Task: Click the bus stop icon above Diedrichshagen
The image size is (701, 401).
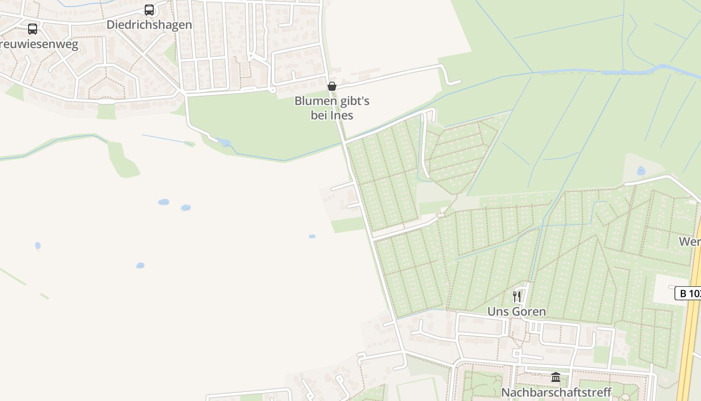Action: click(149, 10)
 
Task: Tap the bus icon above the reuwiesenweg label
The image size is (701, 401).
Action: click(33, 29)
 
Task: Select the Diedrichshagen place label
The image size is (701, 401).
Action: click(149, 25)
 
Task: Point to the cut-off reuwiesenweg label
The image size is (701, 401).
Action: click(39, 45)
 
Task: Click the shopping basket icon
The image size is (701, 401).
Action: click(331, 86)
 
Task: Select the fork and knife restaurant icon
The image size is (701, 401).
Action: click(517, 296)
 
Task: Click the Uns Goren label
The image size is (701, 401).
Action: click(517, 311)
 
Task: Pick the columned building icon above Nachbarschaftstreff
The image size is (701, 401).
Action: click(556, 377)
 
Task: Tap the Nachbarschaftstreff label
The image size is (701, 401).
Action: click(556, 392)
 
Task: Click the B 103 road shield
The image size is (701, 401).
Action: click(689, 293)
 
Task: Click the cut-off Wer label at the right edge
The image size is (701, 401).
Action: click(690, 242)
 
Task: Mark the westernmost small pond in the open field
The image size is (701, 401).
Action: click(38, 246)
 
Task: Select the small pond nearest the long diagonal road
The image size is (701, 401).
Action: click(312, 236)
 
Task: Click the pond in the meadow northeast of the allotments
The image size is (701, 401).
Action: click(641, 170)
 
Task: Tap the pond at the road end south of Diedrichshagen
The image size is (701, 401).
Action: click(224, 142)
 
